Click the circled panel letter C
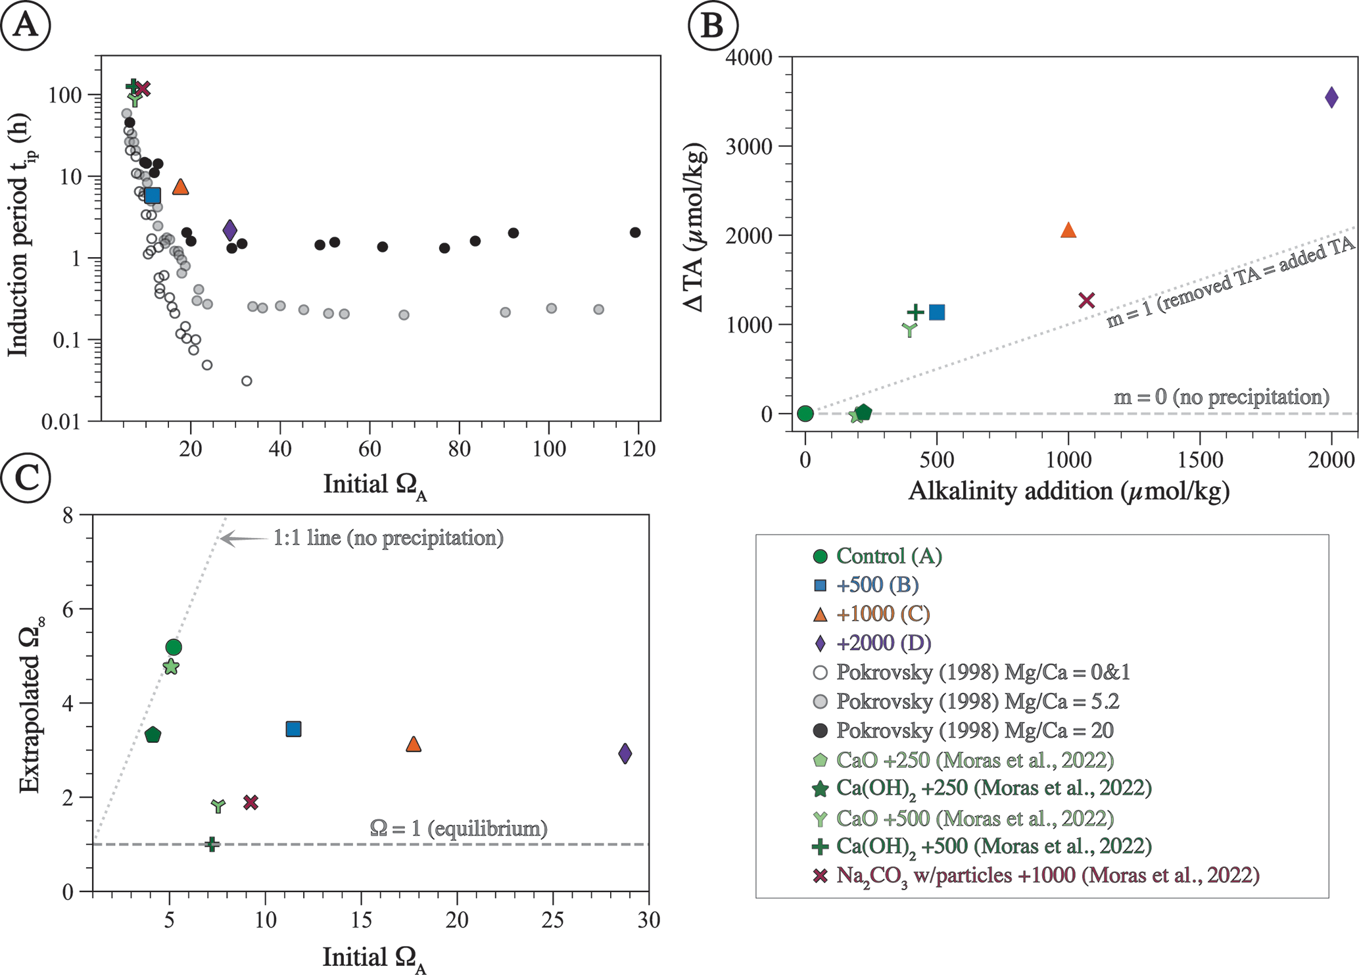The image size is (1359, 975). tap(25, 478)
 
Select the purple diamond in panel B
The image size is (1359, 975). tap(1331, 97)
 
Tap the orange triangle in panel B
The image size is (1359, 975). tap(1068, 230)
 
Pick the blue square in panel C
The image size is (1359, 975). tap(293, 728)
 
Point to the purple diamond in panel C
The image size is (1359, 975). tap(625, 753)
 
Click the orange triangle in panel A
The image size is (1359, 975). tap(180, 187)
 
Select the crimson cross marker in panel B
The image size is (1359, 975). tap(1087, 300)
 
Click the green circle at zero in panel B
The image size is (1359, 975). tap(805, 414)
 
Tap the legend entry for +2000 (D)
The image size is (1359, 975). tap(883, 643)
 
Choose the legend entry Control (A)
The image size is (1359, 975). tap(888, 556)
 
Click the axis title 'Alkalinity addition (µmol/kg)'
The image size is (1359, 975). tap(1068, 491)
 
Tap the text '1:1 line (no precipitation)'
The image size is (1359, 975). tap(388, 538)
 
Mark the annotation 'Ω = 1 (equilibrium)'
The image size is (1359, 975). tap(458, 828)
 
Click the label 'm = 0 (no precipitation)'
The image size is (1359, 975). tap(1221, 397)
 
